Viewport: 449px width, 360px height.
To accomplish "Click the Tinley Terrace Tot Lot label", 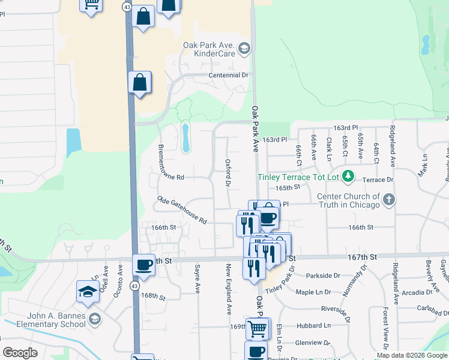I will pyautogui.click(x=298, y=177).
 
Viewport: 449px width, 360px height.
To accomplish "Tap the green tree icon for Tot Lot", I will pyautogui.click(x=348, y=176).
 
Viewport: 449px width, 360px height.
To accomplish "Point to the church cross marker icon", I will pyautogui.click(x=389, y=200).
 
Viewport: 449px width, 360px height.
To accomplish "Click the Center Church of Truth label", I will pyautogui.click(x=349, y=200).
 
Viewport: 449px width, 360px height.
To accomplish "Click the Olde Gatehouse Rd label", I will pyautogui.click(x=182, y=210).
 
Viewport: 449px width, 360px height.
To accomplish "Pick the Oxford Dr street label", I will pyautogui.click(x=228, y=172).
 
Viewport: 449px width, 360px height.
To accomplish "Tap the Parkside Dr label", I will pyautogui.click(x=322, y=275).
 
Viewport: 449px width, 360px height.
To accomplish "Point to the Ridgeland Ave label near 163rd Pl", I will pyautogui.click(x=393, y=146).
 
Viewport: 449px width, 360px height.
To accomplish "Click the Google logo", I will pyautogui.click(x=20, y=353).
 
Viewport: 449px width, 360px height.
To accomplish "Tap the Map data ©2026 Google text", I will pyautogui.click(x=412, y=355).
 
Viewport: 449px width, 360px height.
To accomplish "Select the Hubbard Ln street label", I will pyautogui.click(x=318, y=325).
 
